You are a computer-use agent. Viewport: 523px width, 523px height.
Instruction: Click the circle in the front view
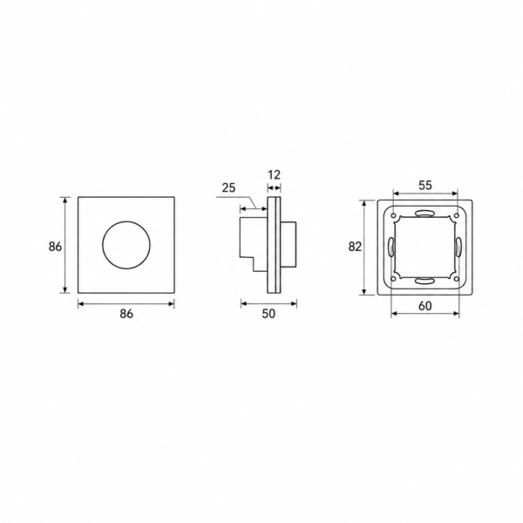[x=103, y=245]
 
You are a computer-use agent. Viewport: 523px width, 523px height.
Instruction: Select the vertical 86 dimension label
[x=56, y=247]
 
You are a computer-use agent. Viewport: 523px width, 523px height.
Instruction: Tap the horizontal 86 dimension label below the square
[x=126, y=314]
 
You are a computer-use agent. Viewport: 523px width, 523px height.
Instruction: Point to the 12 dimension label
[x=274, y=175]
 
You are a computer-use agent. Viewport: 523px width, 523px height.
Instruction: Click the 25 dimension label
[x=228, y=187]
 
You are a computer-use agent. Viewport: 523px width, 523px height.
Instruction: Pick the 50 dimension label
[x=268, y=314]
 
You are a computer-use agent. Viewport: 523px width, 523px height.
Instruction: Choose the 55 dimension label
[x=425, y=185]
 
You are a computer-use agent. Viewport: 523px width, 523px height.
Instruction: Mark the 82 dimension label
[x=355, y=247]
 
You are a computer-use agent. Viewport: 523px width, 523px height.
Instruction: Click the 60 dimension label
[x=425, y=306]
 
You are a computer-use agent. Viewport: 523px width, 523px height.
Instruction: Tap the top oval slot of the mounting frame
[x=425, y=214]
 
